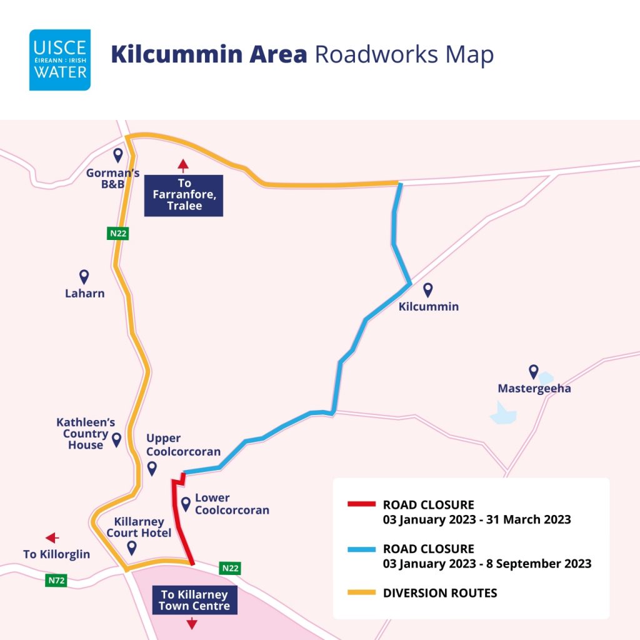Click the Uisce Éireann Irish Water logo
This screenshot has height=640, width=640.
60,59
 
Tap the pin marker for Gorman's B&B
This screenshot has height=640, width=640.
117,155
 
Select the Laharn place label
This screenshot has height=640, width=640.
84,292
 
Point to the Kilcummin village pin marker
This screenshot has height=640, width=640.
428,289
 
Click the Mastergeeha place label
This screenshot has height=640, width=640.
534,389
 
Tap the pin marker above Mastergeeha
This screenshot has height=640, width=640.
533,371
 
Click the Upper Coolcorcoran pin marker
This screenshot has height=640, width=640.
151,468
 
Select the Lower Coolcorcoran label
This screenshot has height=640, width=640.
232,504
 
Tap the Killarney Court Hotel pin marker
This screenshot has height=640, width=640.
132,547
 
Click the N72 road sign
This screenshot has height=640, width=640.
56,581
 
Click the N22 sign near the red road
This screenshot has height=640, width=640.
229,568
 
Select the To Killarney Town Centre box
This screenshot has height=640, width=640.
194,600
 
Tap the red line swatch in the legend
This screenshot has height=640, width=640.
361,504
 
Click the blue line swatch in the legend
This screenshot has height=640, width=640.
361,549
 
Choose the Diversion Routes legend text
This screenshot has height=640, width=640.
440,592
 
